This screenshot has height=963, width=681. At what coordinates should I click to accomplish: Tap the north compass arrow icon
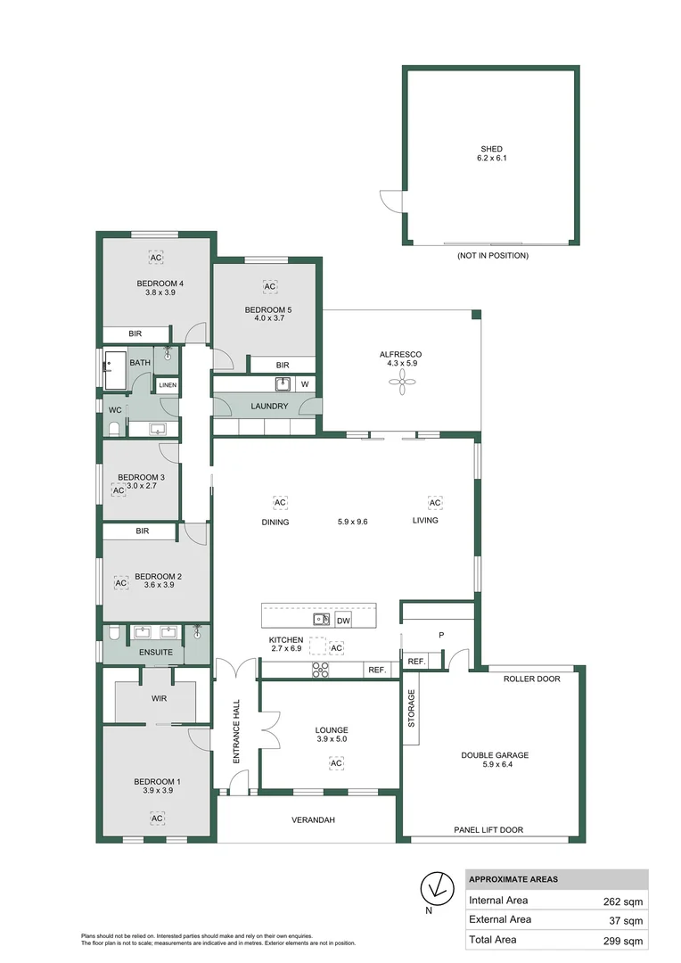[435, 886]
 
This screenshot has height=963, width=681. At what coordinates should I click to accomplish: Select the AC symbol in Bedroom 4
[156, 258]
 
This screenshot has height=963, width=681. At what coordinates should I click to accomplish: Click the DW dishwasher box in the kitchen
[343, 619]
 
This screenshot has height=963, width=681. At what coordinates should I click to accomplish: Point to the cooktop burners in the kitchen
[321, 670]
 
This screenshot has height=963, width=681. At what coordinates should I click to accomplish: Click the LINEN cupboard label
[168, 385]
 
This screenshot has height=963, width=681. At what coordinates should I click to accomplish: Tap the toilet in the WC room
[113, 429]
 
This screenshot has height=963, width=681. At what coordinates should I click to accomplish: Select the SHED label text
[491, 149]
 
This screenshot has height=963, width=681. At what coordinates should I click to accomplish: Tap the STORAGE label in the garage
[412, 709]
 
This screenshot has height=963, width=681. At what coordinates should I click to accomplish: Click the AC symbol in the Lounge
[336, 764]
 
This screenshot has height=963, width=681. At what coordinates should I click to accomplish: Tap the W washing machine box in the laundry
[304, 384]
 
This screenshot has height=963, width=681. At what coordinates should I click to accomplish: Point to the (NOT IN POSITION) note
[492, 256]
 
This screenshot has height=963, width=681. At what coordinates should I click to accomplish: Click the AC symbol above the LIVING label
[435, 502]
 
